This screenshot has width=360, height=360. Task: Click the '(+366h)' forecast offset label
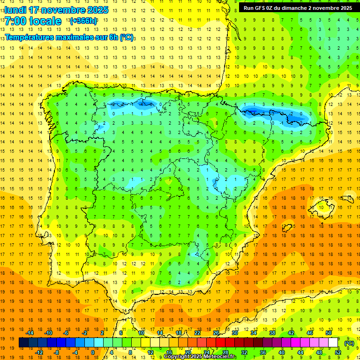pos(83,21)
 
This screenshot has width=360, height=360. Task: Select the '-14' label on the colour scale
pos(30,333)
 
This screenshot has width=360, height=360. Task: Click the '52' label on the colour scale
pos(338,352)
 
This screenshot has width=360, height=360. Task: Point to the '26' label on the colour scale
pos(216,333)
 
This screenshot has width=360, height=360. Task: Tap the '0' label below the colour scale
pos(92,352)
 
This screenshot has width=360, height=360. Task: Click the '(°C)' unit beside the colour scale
pos(349,343)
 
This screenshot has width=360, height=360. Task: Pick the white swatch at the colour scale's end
pos(333,343)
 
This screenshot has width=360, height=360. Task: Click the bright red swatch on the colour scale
pos(221,343)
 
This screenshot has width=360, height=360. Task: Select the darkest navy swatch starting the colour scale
pos(24,343)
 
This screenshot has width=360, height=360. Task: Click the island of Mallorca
pos(324,206)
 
